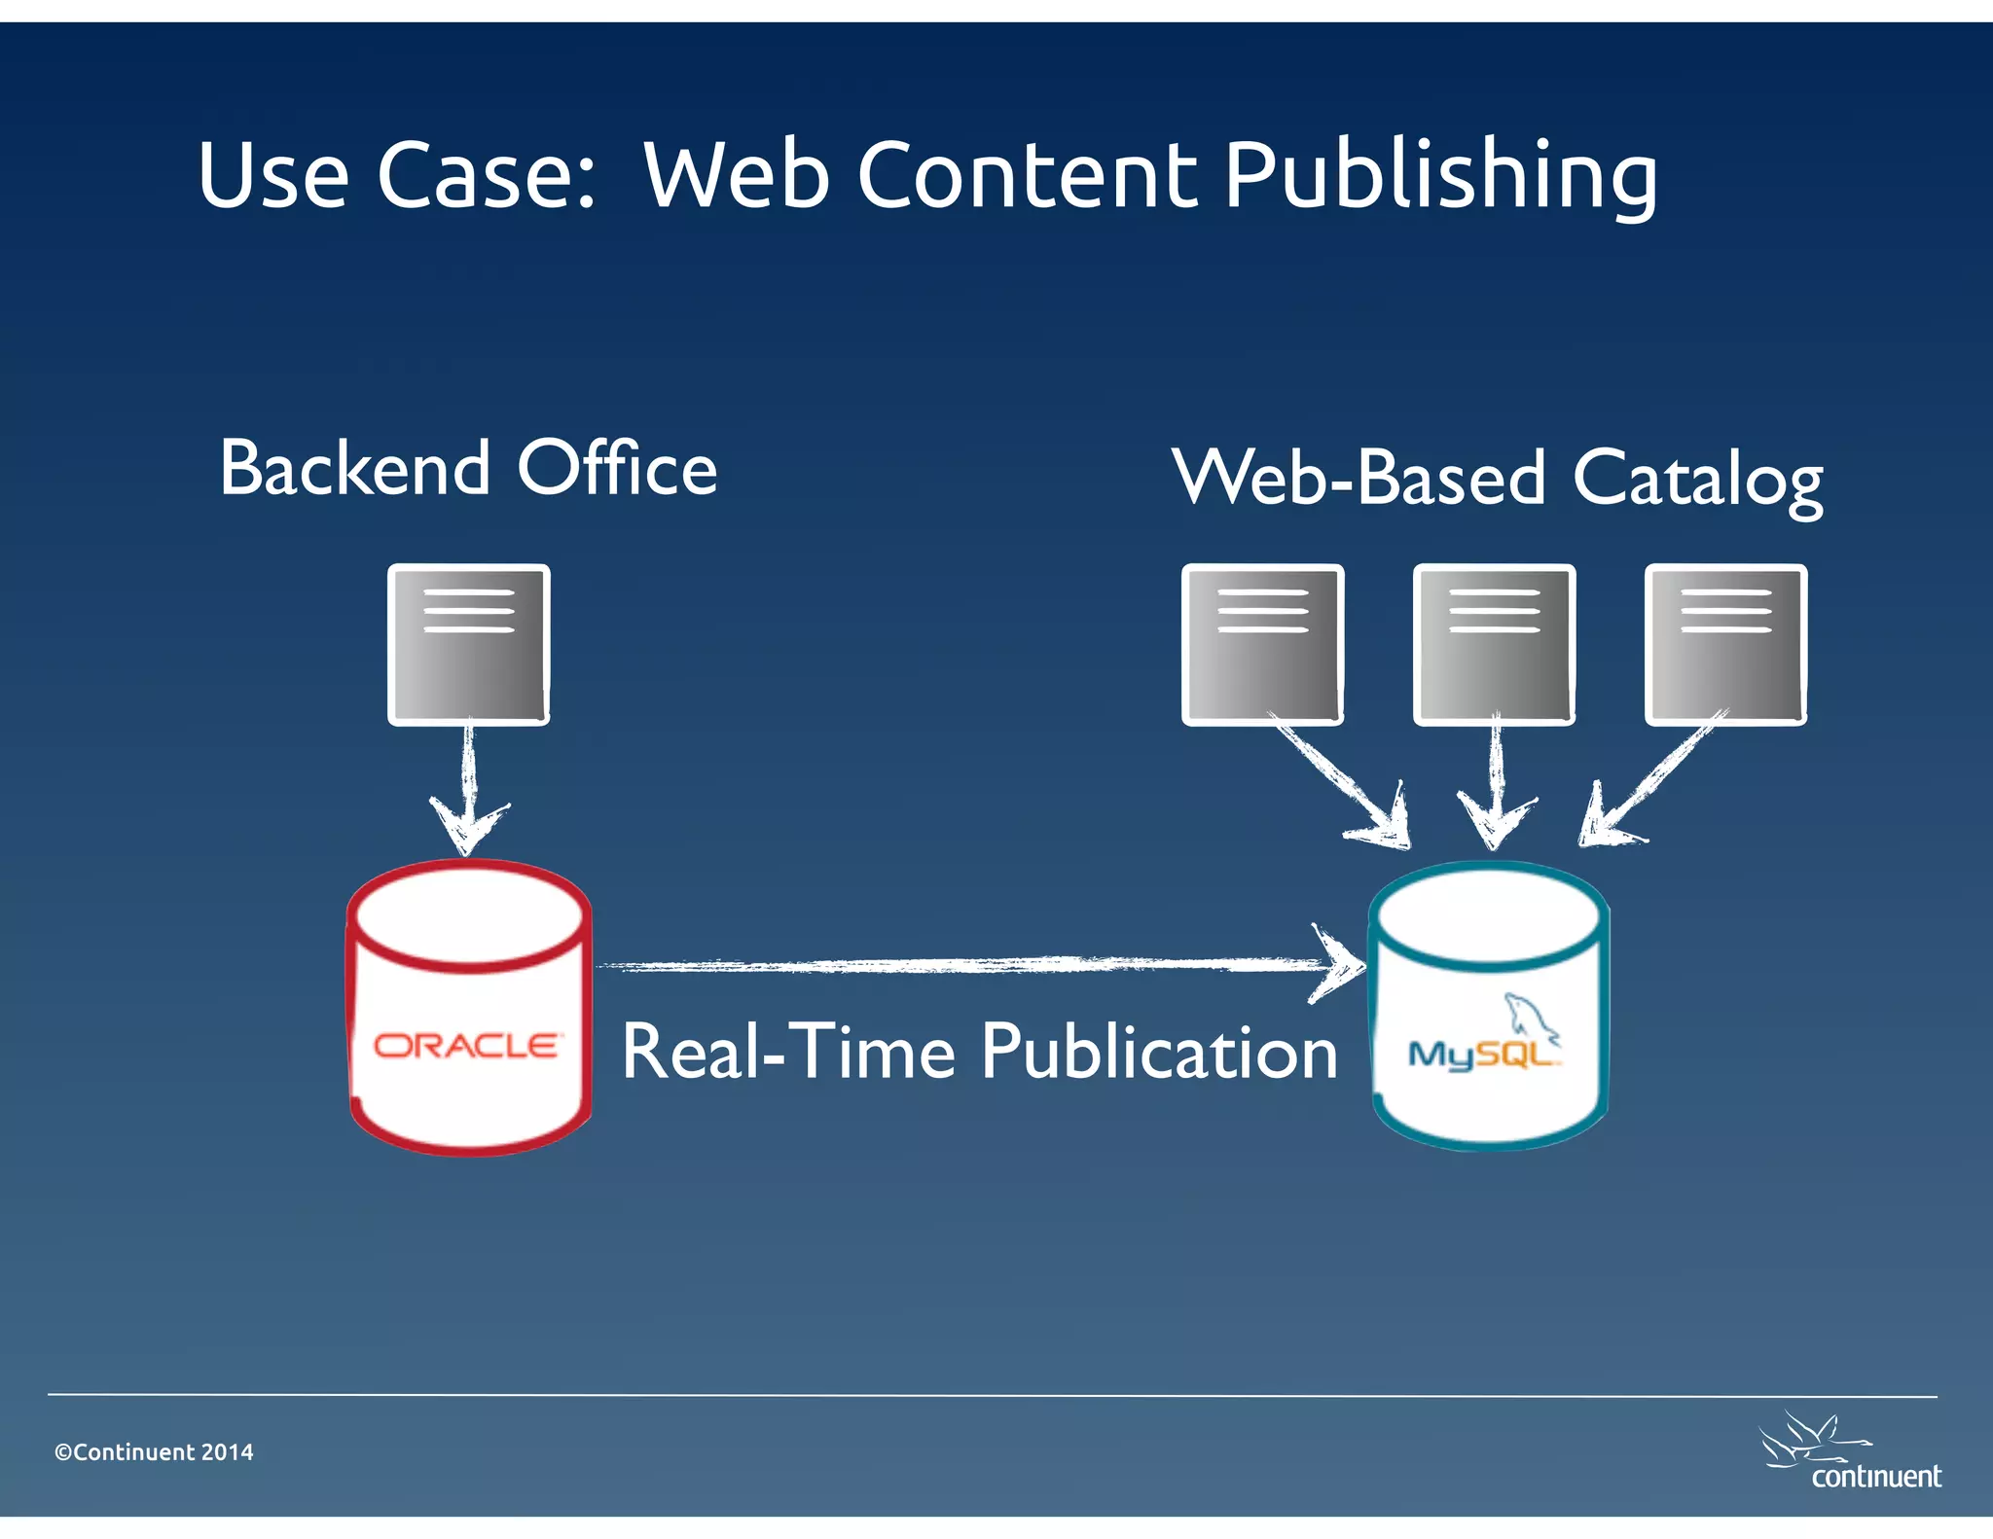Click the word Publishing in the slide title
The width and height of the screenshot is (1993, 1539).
click(x=1440, y=176)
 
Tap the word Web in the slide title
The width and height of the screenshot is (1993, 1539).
click(x=737, y=176)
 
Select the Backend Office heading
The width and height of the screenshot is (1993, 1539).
click(x=468, y=469)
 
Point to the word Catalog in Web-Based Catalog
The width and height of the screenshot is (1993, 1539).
click(x=1697, y=480)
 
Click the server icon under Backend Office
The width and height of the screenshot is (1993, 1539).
click(x=468, y=644)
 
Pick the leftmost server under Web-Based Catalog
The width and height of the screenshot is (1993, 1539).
click(x=1262, y=644)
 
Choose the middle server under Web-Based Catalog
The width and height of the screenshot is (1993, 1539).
click(x=1494, y=644)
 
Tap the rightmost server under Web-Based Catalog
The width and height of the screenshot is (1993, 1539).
click(x=1725, y=644)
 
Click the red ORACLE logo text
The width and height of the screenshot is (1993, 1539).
click(x=467, y=1046)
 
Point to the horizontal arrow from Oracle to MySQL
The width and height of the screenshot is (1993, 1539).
click(x=973, y=964)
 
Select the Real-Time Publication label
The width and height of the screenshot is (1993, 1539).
click(x=979, y=1053)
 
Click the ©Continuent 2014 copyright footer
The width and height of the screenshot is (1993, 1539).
click(x=154, y=1452)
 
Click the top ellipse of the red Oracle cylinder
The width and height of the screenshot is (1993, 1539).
click(x=469, y=914)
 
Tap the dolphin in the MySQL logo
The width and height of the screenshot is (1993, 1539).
click(x=1529, y=1015)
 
